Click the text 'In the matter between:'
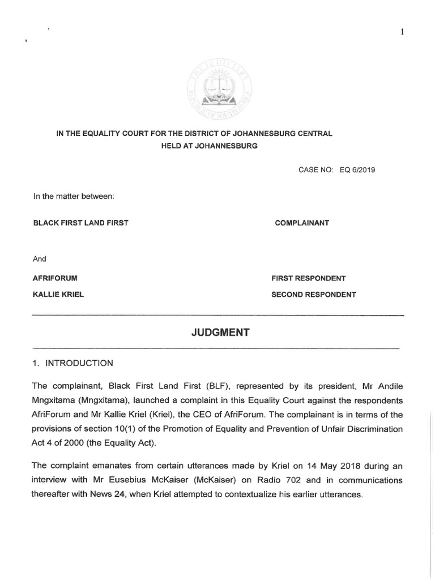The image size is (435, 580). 74,197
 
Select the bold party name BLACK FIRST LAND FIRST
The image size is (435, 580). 81,223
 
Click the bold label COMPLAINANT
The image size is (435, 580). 301,223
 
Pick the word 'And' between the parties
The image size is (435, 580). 40,259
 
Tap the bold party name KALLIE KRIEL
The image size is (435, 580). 58,295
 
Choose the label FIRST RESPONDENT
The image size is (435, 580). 309,278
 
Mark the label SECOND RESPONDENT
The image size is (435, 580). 314,295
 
